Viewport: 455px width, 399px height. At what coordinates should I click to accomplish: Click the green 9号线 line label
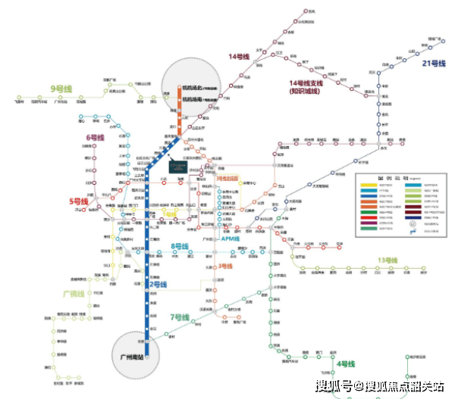pyautogui.click(x=60, y=89)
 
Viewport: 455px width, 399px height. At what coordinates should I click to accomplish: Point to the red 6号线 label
pyautogui.click(x=95, y=137)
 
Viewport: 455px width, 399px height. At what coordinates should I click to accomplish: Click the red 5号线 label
pyautogui.click(x=80, y=201)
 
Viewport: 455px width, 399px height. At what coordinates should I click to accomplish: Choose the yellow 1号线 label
pyautogui.click(x=169, y=214)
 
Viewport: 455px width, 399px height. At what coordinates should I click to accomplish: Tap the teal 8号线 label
pyautogui.click(x=180, y=247)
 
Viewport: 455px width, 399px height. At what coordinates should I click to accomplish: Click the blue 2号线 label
pyautogui.click(x=167, y=285)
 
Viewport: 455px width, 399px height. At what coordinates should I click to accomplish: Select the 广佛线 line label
pyautogui.click(x=76, y=293)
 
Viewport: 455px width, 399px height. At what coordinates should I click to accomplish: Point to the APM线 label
pyautogui.click(x=230, y=238)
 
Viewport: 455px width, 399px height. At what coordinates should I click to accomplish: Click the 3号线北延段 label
pyautogui.click(x=227, y=179)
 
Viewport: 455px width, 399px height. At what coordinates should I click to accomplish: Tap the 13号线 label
pyautogui.click(x=387, y=261)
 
